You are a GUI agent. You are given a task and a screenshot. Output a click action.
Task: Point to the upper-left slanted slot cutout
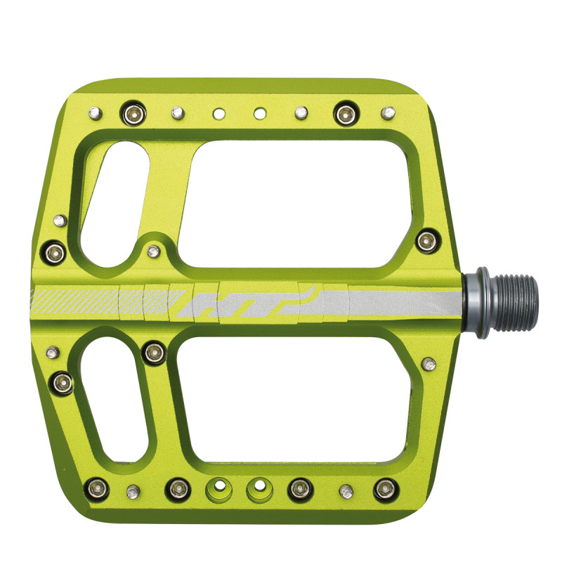(113, 204)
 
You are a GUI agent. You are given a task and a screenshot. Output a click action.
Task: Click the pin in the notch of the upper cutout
(153, 251)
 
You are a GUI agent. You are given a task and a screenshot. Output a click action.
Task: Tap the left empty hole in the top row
(219, 114)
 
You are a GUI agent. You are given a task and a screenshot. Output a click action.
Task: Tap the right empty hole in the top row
(260, 114)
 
